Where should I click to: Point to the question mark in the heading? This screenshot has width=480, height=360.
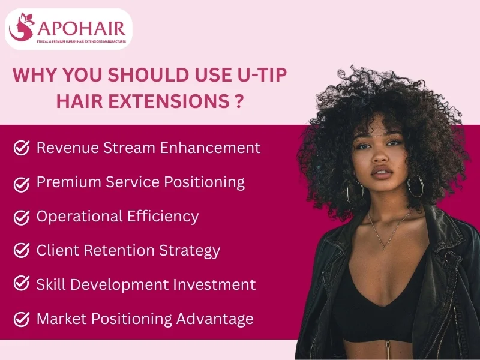click(x=239, y=100)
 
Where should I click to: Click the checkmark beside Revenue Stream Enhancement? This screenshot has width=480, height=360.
click(x=22, y=148)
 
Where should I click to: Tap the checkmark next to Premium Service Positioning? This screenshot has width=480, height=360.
click(x=22, y=182)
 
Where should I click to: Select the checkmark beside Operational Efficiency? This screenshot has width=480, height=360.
click(x=22, y=217)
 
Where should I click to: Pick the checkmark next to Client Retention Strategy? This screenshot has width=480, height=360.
click(x=22, y=250)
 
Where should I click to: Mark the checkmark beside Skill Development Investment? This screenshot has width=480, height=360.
click(x=22, y=284)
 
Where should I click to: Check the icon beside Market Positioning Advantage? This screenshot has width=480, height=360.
click(x=22, y=319)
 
